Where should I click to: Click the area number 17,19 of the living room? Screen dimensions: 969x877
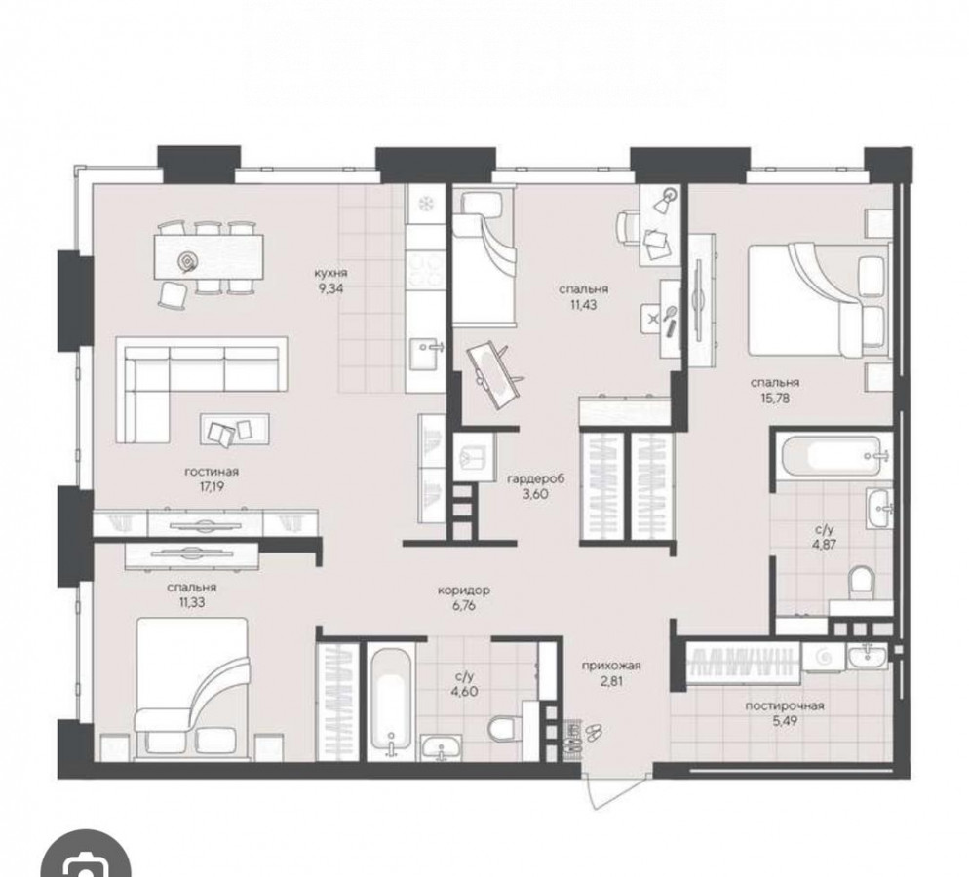(212, 486)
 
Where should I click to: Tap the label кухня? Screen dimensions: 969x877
(330, 272)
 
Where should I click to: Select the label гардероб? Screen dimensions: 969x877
(536, 478)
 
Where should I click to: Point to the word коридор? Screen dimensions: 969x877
(463, 591)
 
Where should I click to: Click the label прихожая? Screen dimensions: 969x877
(610, 666)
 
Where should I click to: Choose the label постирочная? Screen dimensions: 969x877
(785, 705)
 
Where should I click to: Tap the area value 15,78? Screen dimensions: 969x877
(775, 399)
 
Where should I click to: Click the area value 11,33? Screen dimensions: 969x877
(192, 602)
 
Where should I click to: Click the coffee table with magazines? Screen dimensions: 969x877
(235, 429)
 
